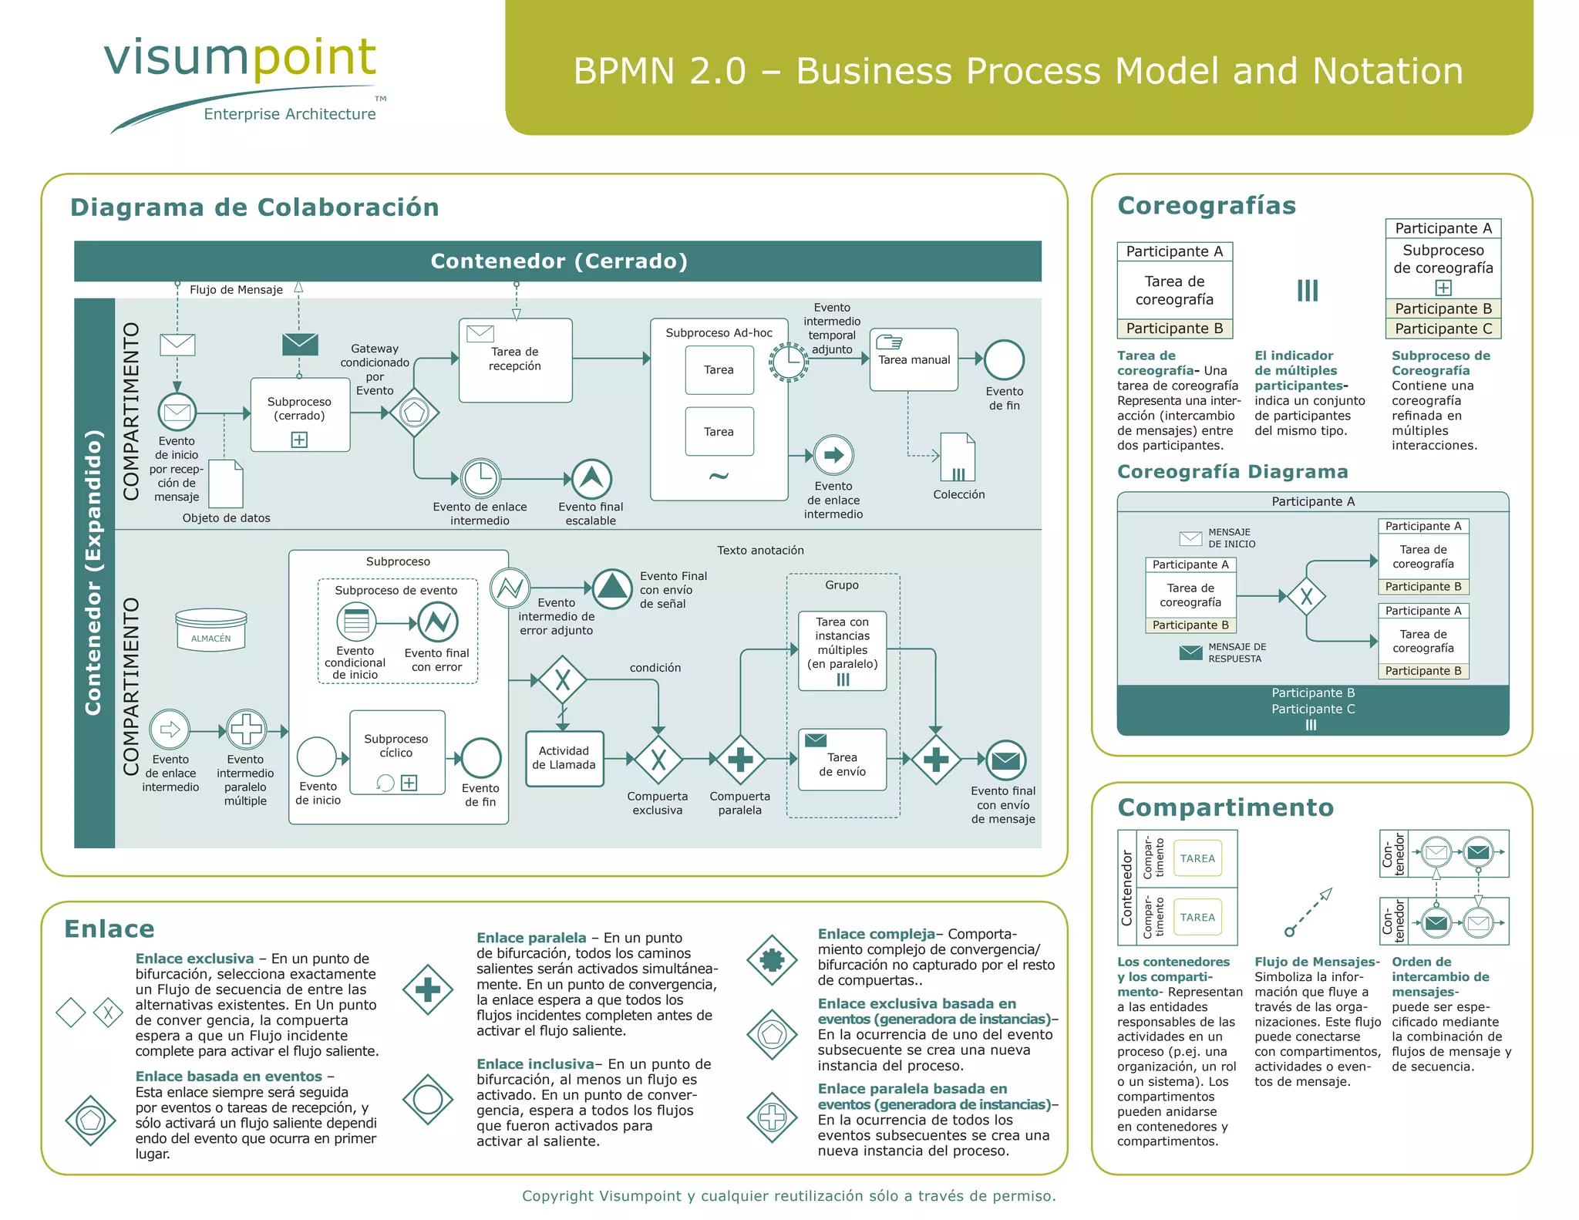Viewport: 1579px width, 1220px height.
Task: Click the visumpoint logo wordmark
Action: pyautogui.click(x=240, y=58)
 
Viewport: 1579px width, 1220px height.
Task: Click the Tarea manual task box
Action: pyautogui.click(x=914, y=360)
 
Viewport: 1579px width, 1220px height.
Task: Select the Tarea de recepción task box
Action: pyautogui.click(x=515, y=360)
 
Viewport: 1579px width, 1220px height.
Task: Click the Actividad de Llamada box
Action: pyautogui.click(x=564, y=758)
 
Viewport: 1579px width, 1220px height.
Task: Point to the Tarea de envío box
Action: pyautogui.click(x=842, y=760)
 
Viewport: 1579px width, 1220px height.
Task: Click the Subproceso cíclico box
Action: pyautogui.click(x=397, y=752)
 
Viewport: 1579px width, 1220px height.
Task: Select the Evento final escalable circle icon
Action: pyautogui.click(x=591, y=479)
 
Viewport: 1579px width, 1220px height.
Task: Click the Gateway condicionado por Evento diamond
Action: pyautogui.click(x=414, y=413)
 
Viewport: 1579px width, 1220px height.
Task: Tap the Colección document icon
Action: pyautogui.click(x=958, y=457)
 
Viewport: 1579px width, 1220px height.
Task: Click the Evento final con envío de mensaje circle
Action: pyautogui.click(x=1005, y=760)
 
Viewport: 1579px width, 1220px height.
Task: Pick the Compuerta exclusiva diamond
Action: pyautogui.click(x=658, y=760)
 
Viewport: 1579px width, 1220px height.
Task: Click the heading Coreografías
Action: pyautogui.click(x=1207, y=206)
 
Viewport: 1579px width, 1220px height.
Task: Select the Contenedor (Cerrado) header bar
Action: pyautogui.click(x=557, y=261)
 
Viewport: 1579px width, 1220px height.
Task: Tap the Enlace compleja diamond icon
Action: pyautogui.click(x=772, y=959)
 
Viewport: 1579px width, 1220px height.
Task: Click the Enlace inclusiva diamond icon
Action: pyautogui.click(x=428, y=1099)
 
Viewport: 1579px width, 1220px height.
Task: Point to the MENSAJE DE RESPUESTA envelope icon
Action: pyautogui.click(x=1190, y=652)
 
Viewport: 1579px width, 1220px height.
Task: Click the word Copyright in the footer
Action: pyautogui.click(x=557, y=1195)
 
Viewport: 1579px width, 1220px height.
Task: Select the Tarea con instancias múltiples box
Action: pyautogui.click(x=842, y=650)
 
